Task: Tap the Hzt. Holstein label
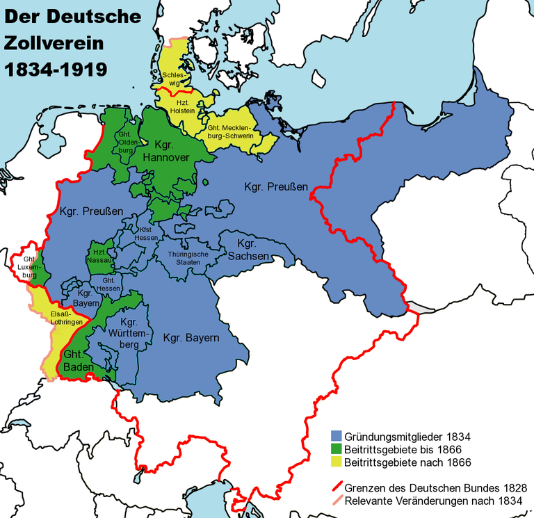point(185,106)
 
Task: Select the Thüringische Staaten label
point(188,258)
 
